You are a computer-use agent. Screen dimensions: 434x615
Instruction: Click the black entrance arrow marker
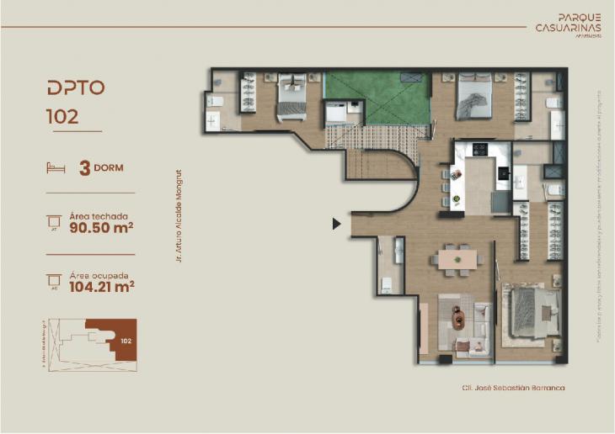(x=336, y=224)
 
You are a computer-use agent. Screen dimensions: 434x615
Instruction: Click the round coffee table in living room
(x=458, y=318)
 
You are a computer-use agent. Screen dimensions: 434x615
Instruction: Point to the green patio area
(x=377, y=96)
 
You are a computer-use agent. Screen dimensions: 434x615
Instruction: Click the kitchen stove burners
(x=481, y=150)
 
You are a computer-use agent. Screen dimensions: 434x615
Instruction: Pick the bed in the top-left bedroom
(x=291, y=98)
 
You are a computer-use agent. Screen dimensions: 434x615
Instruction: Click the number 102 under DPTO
(x=63, y=117)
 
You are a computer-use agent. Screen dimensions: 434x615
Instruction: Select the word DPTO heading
(x=76, y=87)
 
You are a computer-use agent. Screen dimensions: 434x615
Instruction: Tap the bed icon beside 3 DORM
(x=56, y=167)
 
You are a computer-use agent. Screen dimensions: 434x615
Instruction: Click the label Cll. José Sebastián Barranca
(x=513, y=388)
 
